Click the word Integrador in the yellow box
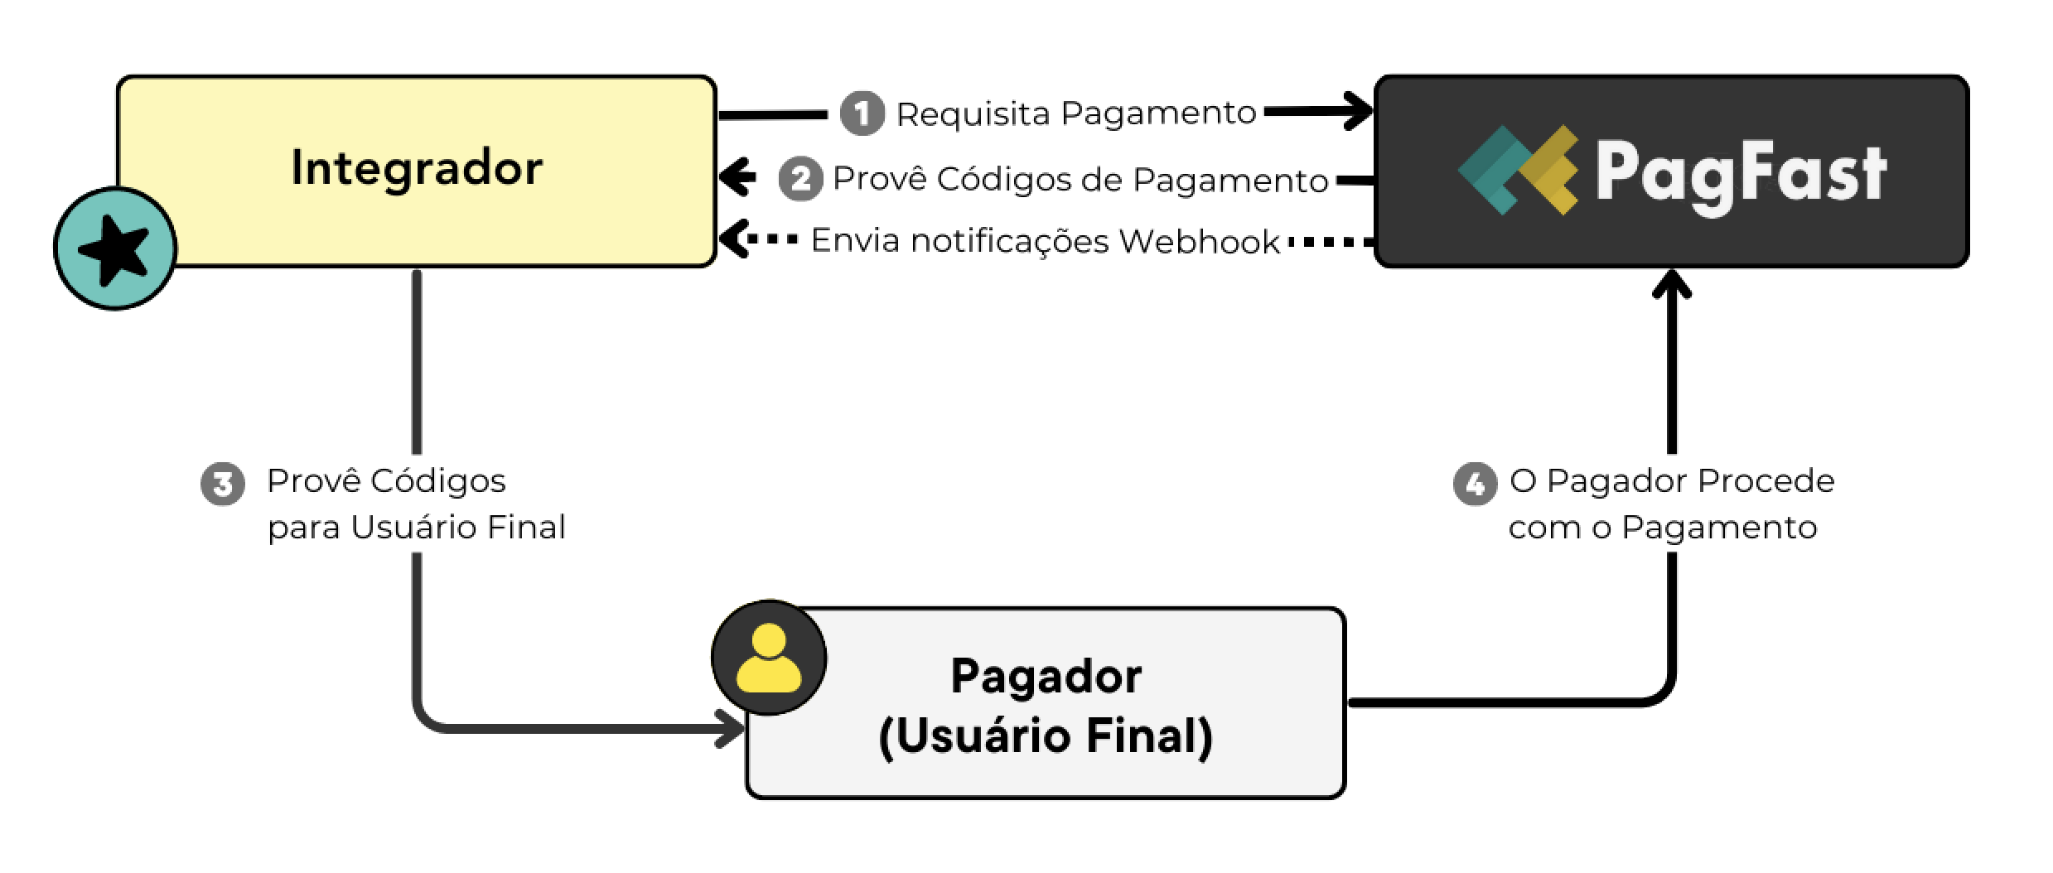[417, 168]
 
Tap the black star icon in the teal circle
[114, 249]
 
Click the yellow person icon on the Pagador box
[769, 658]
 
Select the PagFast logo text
[1741, 173]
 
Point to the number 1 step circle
[862, 113]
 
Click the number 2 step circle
[800, 179]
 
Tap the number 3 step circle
[223, 483]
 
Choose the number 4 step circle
[1475, 483]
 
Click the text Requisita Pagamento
[1076, 113]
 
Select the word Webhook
[1199, 242]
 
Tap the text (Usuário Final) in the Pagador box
[1046, 736]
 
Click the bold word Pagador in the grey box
[1046, 676]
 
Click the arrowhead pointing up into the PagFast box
[1671, 284]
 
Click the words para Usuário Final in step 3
[416, 528]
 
